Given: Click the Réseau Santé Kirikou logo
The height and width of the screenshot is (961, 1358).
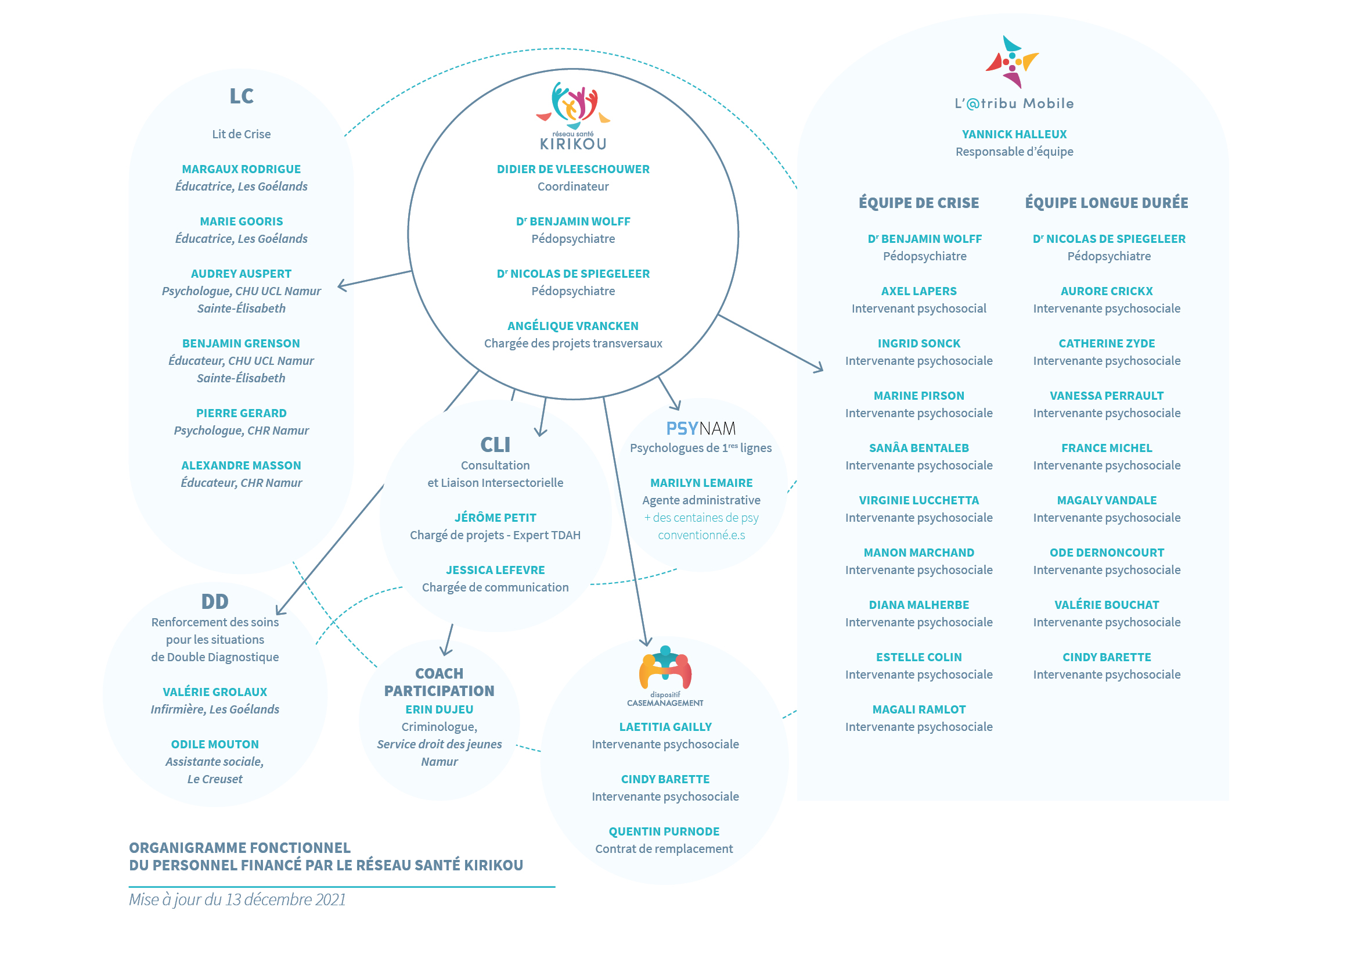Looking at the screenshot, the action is point(572,116).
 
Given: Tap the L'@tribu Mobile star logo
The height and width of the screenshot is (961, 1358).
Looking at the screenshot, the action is point(1012,62).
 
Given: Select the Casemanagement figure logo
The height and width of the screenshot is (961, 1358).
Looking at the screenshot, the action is point(665,675).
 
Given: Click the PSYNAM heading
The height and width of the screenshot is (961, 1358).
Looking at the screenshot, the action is point(701,428).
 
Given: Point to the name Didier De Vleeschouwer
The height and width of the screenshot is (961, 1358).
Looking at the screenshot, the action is point(572,169).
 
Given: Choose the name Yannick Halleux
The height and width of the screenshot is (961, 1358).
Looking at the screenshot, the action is point(1014,134).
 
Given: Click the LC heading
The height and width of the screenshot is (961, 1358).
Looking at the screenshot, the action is point(242,96).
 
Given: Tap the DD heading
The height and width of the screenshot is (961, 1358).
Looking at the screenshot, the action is point(215,601).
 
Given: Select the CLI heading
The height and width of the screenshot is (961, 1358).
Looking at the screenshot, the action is point(495,444).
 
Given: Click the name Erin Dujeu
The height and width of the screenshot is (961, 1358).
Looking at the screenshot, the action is point(439,709).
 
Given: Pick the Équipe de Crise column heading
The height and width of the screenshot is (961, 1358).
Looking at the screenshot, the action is point(918,202).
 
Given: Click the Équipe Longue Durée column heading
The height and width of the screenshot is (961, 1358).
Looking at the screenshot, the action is point(1106,202).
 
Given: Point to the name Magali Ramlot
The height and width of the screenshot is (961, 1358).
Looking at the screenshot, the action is point(918,709).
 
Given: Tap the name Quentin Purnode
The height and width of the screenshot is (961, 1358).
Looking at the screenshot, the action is point(664,831).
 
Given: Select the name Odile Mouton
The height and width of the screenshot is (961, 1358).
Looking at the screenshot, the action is point(215,744).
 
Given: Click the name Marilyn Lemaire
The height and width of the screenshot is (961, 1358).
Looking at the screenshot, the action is point(701,483).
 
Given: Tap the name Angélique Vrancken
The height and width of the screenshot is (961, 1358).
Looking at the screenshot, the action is point(572,326).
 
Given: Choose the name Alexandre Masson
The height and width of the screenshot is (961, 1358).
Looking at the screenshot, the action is point(242,466).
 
